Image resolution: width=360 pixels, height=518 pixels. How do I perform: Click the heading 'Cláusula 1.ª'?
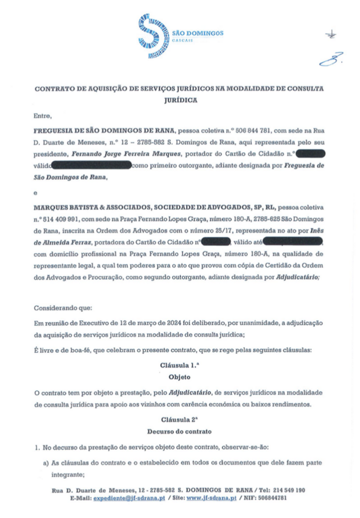tap(179, 365)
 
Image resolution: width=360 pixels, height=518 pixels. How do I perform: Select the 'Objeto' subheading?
tap(179, 378)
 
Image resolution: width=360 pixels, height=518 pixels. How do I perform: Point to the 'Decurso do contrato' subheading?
tap(179, 432)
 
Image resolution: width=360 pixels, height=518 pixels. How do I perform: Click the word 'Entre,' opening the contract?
tap(42, 115)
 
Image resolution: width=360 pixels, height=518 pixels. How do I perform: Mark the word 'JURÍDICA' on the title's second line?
tap(179, 100)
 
